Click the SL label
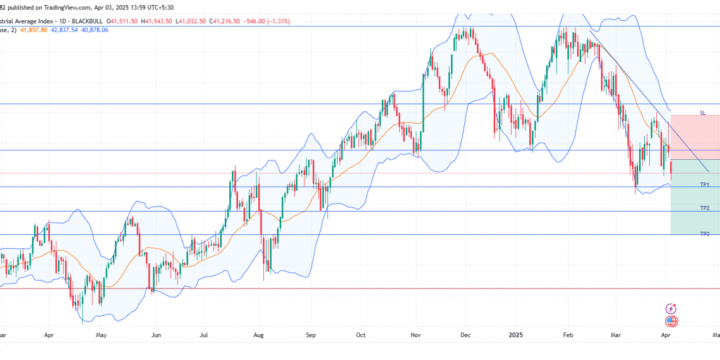click(702, 112)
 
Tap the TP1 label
click(704, 184)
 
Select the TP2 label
click(704, 208)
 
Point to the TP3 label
click(704, 234)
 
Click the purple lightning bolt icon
click(671, 309)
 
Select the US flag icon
click(671, 321)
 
